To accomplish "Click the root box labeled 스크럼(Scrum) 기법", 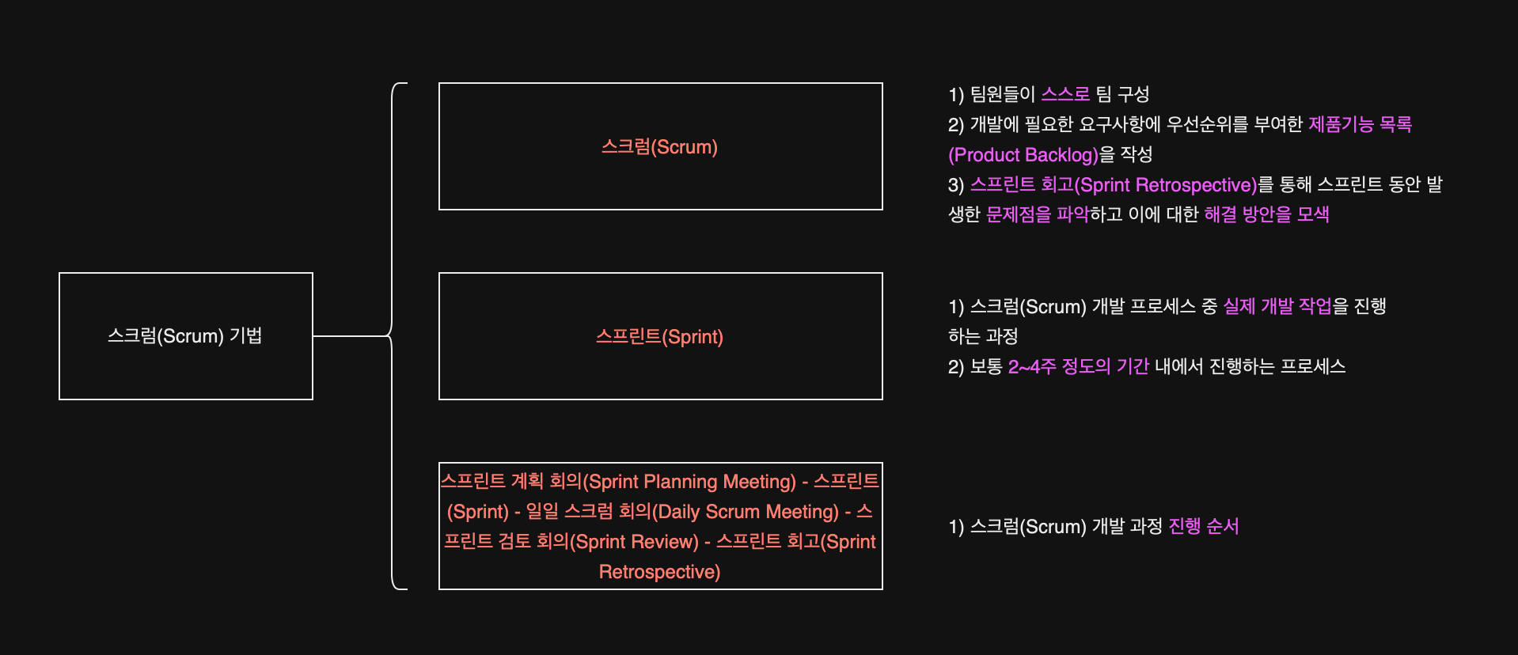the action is [185, 336].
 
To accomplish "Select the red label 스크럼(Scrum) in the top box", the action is [659, 147].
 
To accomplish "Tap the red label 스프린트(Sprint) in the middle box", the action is [659, 337].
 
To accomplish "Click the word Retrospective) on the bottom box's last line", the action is [659, 572].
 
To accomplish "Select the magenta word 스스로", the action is [1065, 94].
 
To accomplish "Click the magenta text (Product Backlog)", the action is [1023, 154].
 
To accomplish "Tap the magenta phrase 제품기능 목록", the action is [1360, 124].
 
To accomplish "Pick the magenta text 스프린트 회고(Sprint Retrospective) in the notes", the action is [1113, 184].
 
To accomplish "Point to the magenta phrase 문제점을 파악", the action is [1037, 214].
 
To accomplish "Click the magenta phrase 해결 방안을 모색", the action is [1266, 214].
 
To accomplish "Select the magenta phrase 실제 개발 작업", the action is [1277, 306].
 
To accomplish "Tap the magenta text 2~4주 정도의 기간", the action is [1078, 366].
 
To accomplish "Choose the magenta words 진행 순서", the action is [1203, 526].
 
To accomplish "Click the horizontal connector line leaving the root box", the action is [351, 336].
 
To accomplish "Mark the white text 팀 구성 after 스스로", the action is [1122, 94].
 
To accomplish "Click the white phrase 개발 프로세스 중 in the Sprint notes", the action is [1155, 306].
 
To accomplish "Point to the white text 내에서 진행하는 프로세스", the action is [1250, 366].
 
